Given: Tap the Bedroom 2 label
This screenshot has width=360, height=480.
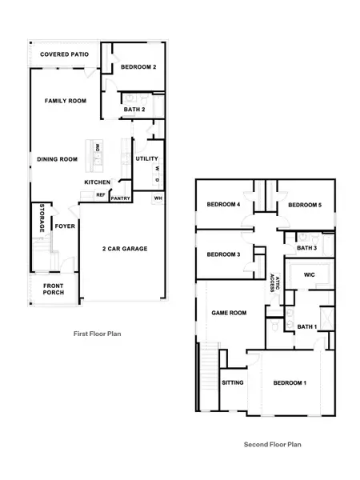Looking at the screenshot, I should (138, 67).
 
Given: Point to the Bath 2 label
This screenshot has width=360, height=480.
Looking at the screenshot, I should (134, 109).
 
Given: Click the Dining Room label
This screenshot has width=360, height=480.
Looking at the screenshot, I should (57, 159).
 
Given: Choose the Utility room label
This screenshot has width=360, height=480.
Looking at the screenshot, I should (146, 158).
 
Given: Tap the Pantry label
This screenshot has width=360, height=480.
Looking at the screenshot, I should (121, 198).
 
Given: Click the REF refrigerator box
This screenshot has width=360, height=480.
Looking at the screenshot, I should (101, 194).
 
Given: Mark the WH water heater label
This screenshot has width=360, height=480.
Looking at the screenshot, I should (158, 198).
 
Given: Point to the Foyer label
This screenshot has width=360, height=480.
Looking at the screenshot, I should (64, 226).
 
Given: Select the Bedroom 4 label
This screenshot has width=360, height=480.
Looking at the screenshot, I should (223, 205).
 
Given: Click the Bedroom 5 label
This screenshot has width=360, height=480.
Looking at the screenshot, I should (304, 205).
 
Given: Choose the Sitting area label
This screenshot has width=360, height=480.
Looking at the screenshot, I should (232, 383).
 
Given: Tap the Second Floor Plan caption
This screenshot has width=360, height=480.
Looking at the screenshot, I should (272, 443).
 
